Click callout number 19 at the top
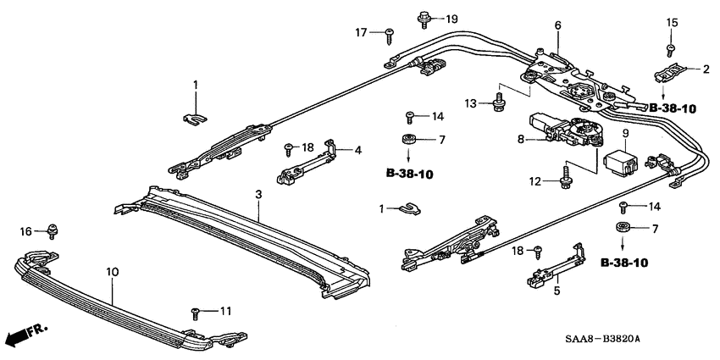[451, 18]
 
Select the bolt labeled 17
[390, 34]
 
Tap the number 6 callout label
[557, 26]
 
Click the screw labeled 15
[670, 47]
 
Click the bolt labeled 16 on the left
[53, 229]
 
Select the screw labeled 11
[196, 313]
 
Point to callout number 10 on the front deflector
[113, 272]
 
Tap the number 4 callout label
[358, 150]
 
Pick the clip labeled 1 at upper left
[196, 114]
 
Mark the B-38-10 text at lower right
[623, 263]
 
